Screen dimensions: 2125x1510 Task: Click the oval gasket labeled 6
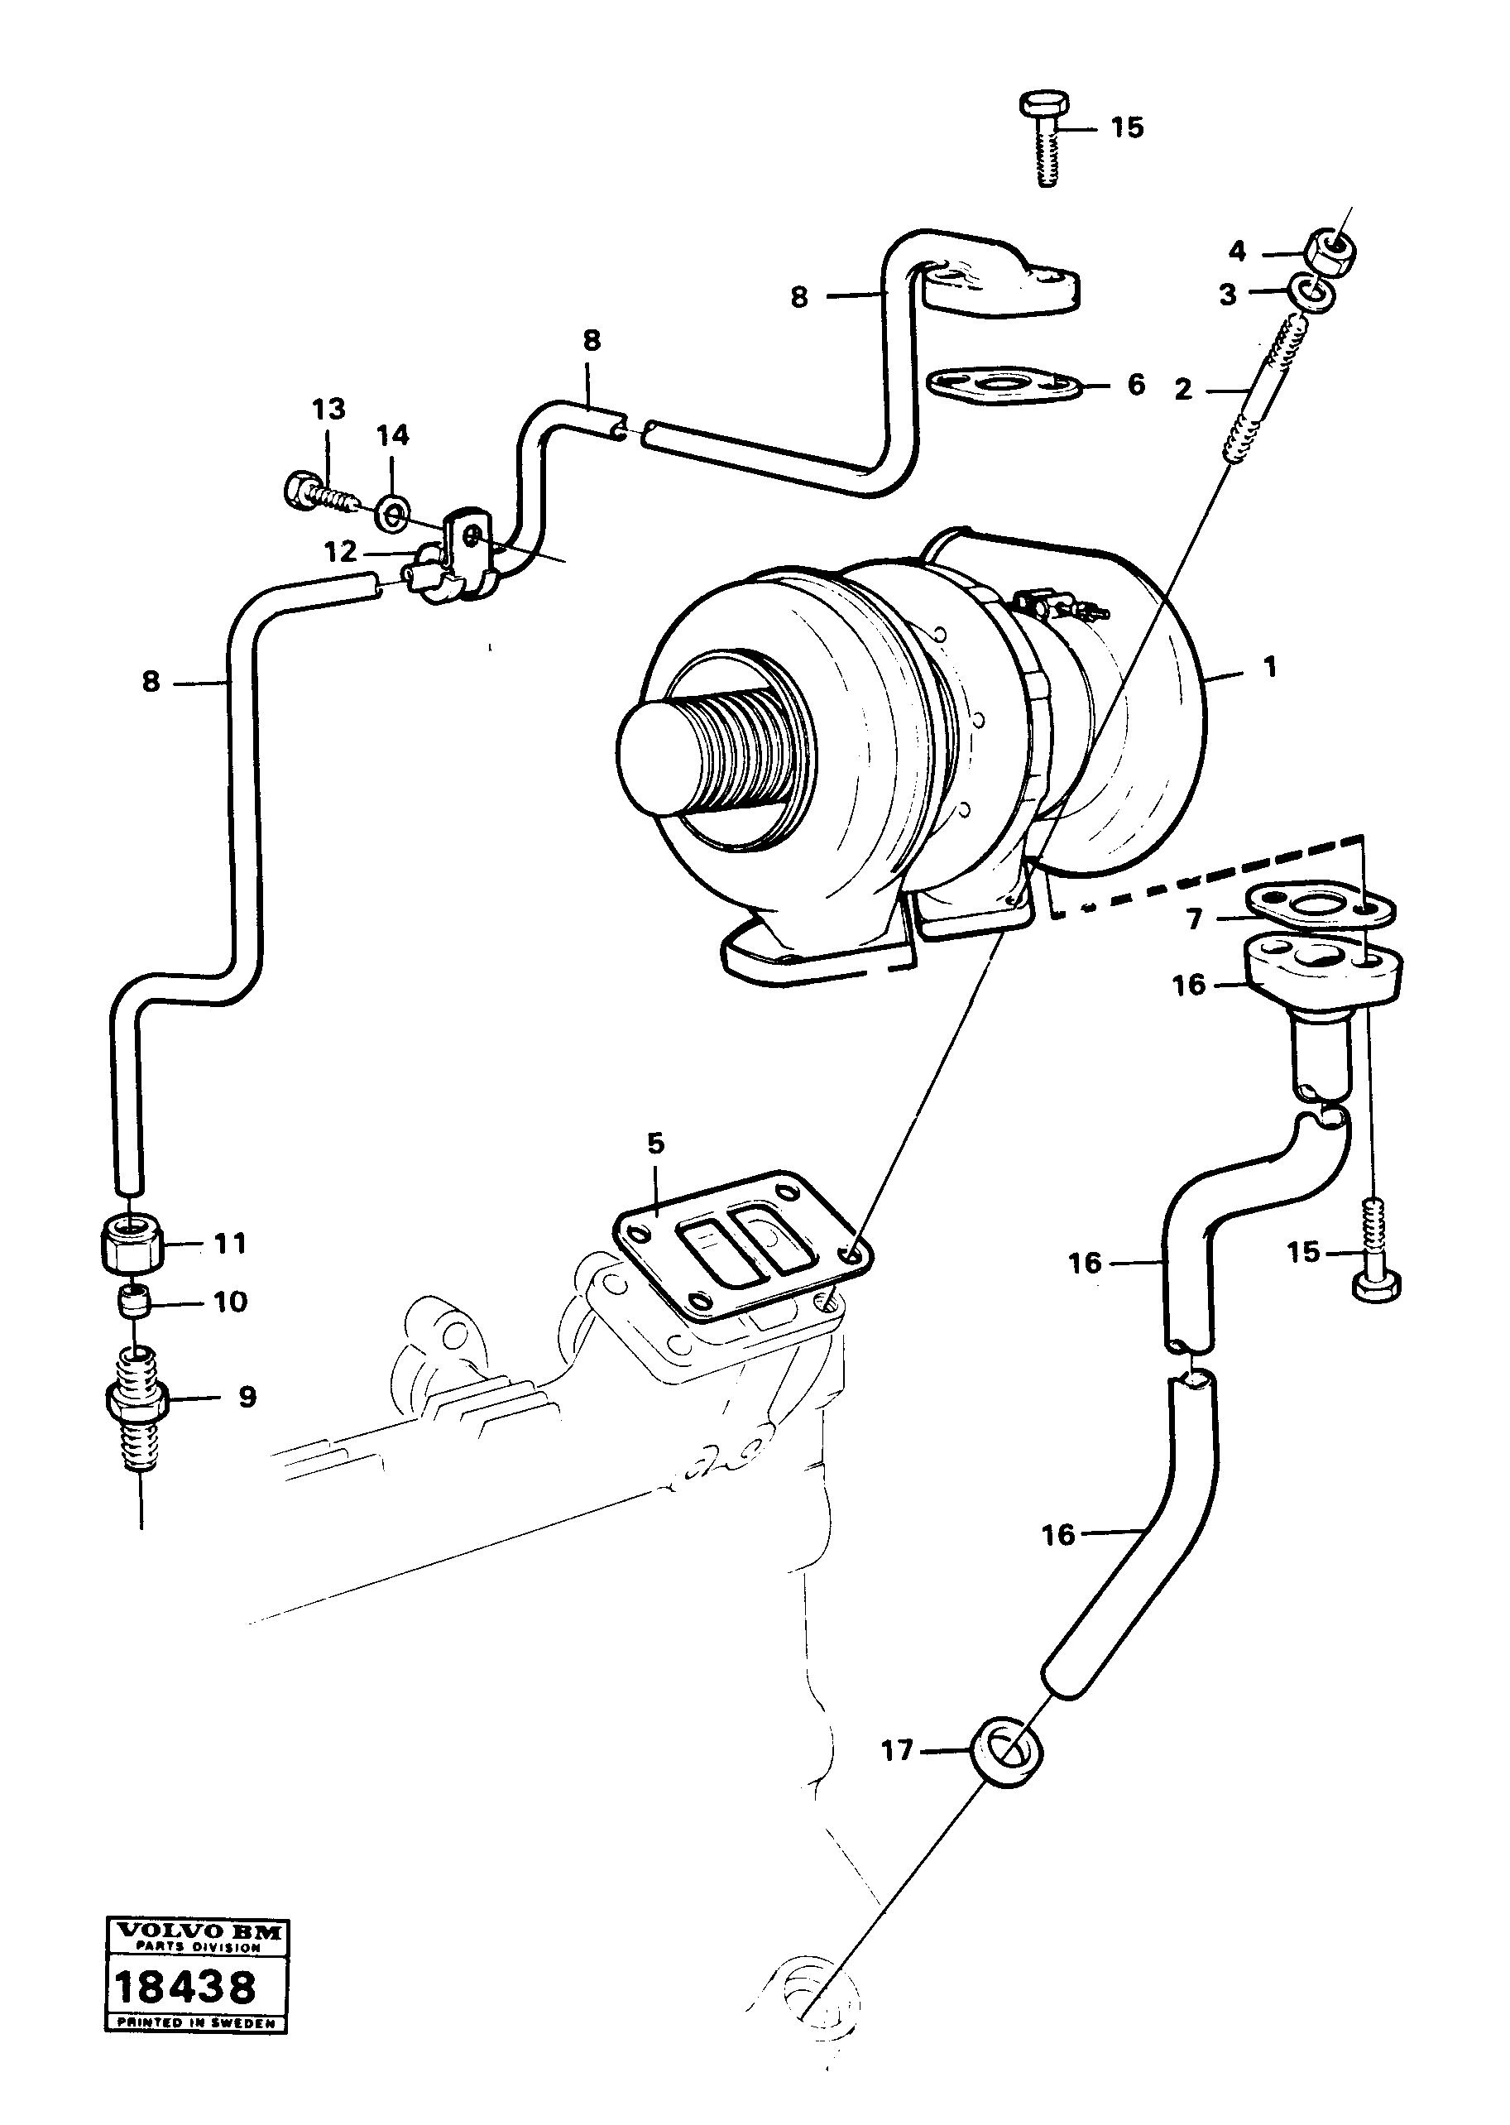coord(1004,385)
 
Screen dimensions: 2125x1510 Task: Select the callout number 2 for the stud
coord(1182,390)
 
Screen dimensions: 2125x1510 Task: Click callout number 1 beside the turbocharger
coord(1270,667)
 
